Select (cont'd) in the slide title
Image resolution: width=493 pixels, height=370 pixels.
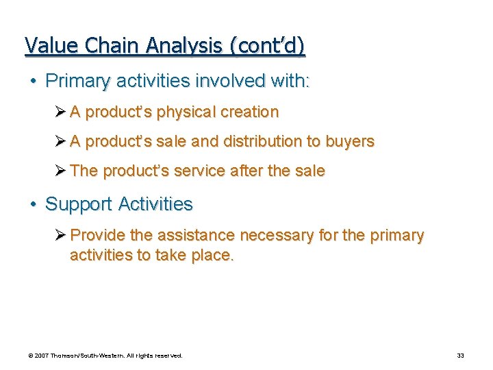click(268, 46)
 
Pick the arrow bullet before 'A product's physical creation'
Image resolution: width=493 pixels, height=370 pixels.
click(60, 112)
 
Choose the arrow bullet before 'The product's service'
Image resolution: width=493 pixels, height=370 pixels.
click(60, 171)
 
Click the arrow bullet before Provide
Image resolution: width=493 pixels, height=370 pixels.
click(60, 235)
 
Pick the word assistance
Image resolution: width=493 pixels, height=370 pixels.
click(197, 235)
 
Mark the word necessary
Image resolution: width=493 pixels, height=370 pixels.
click(277, 236)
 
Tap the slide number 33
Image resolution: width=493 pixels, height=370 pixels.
click(460, 356)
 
